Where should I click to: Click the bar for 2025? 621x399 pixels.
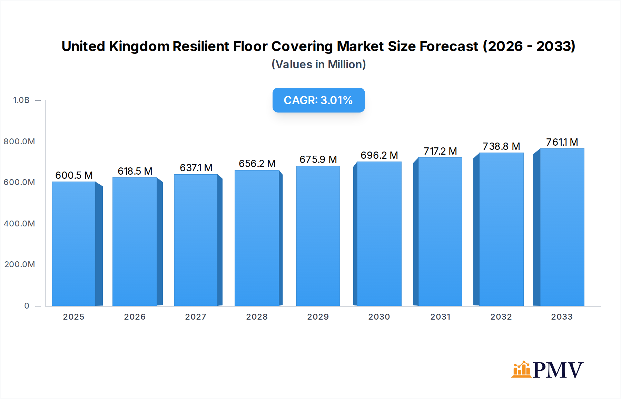pos(73,244)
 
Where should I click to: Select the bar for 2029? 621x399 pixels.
pos(318,236)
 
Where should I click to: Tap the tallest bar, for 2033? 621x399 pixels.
pos(562,227)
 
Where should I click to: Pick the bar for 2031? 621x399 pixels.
pos(440,232)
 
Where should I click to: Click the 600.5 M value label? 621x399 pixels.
pos(74,175)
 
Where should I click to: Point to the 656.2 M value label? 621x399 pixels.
pos(257,164)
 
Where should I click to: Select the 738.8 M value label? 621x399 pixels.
pos(501,146)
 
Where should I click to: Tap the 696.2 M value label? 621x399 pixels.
pos(379,155)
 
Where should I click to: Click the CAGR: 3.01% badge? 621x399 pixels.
pos(318,100)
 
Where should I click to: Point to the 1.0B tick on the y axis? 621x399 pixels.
pos(21,100)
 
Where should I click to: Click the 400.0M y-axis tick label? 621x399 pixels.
pos(19,224)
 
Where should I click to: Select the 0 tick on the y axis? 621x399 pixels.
pos(27,306)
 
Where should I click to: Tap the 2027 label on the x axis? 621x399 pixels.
pos(196,317)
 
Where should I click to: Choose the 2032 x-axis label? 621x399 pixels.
pos(501,317)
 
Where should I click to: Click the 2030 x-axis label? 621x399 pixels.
pos(379,317)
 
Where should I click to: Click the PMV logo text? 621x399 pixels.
pos(558,370)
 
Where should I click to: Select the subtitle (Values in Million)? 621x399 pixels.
pos(318,65)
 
